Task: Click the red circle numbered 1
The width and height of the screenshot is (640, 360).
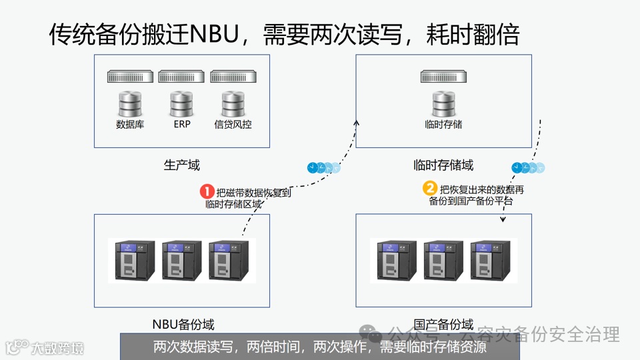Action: coord(207,192)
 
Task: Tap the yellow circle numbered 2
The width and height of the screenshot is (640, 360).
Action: coord(431,189)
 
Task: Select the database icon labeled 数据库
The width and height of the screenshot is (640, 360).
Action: coord(130,103)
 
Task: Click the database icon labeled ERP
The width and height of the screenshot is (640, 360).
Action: coord(181,103)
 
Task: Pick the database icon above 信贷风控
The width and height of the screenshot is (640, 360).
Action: coord(233,103)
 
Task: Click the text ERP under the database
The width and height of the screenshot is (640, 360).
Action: coord(182,124)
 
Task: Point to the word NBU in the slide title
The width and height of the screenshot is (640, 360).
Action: coord(214,34)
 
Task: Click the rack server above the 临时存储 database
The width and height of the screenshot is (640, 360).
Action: coord(443,77)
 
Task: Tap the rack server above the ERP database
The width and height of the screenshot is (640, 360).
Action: coord(181,77)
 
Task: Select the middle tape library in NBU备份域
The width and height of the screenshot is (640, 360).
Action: coord(182,261)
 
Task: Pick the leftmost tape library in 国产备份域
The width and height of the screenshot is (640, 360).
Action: coord(397,261)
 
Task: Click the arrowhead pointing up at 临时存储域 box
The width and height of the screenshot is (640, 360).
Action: coord(356,123)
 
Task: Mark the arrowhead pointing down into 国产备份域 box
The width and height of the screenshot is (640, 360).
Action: coord(502,218)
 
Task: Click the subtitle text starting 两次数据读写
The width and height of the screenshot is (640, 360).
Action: coord(320,347)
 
